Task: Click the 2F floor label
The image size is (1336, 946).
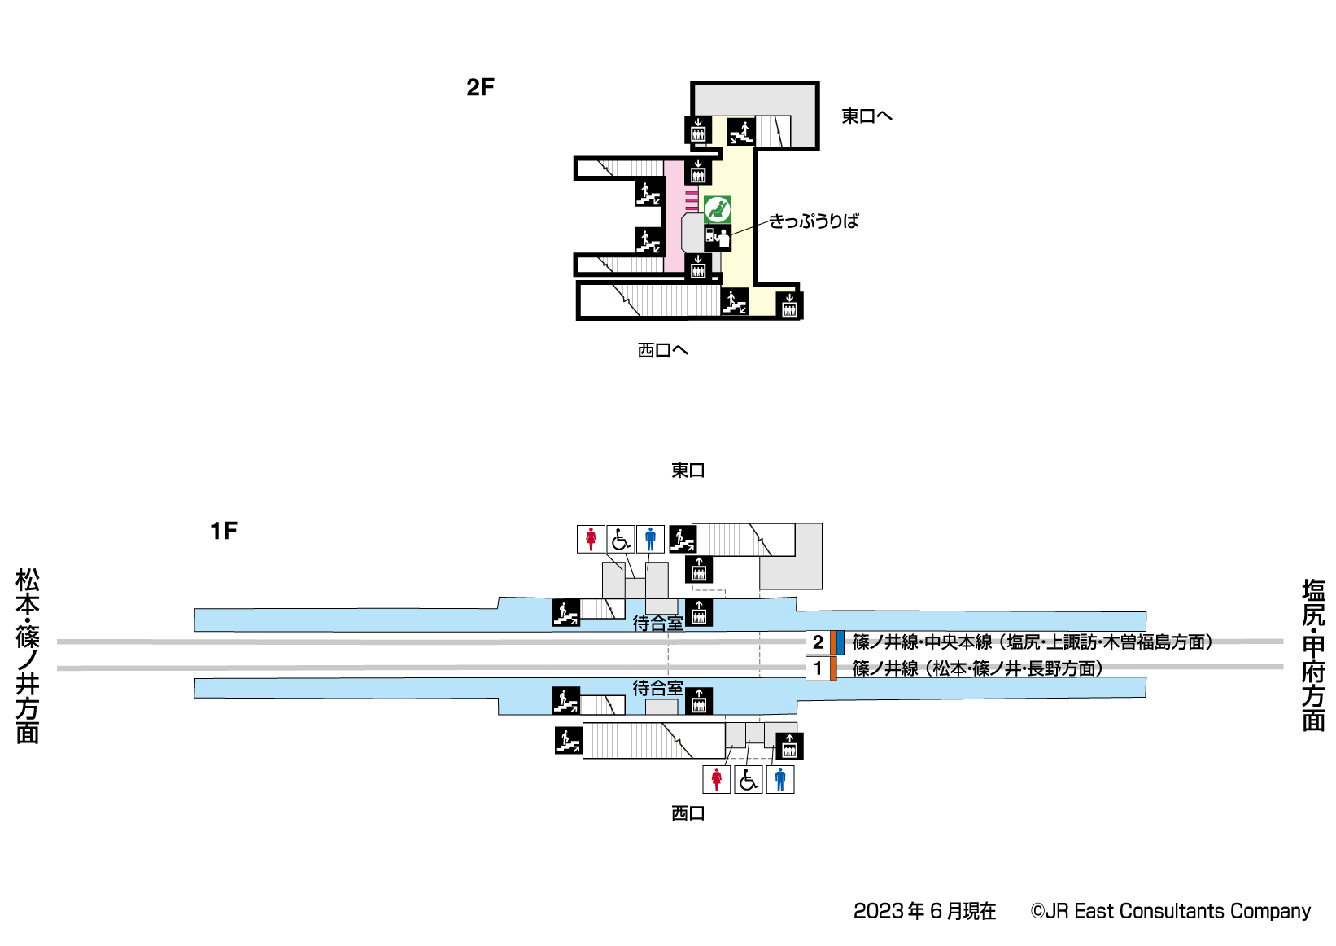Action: tap(480, 87)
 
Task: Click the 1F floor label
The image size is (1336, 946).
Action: tap(224, 531)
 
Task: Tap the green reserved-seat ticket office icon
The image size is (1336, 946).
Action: tap(718, 209)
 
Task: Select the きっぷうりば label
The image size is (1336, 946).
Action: tap(814, 221)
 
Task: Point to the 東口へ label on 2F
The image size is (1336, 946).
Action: tap(867, 116)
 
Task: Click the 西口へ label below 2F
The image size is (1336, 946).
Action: tap(662, 350)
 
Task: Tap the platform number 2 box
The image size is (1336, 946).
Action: tap(818, 642)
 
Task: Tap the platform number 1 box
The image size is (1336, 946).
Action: tap(818, 668)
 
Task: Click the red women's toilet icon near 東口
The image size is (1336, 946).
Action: tap(591, 539)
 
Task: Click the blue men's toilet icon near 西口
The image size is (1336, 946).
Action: tap(780, 779)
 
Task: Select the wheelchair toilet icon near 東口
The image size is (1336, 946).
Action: tap(621, 539)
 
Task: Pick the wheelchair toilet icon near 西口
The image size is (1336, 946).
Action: tap(749, 779)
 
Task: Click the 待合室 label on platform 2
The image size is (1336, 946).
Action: tap(657, 624)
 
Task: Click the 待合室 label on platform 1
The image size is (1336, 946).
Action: tap(657, 688)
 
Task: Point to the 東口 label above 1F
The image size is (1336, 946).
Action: tap(688, 471)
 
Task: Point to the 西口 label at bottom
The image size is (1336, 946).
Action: tap(688, 812)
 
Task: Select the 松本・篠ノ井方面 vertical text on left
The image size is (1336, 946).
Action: tap(28, 655)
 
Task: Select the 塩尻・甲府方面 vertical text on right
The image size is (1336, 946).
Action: tap(1313, 655)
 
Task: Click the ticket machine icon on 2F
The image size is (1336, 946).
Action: tap(718, 237)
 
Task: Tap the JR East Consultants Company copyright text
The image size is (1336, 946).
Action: tap(1171, 911)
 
